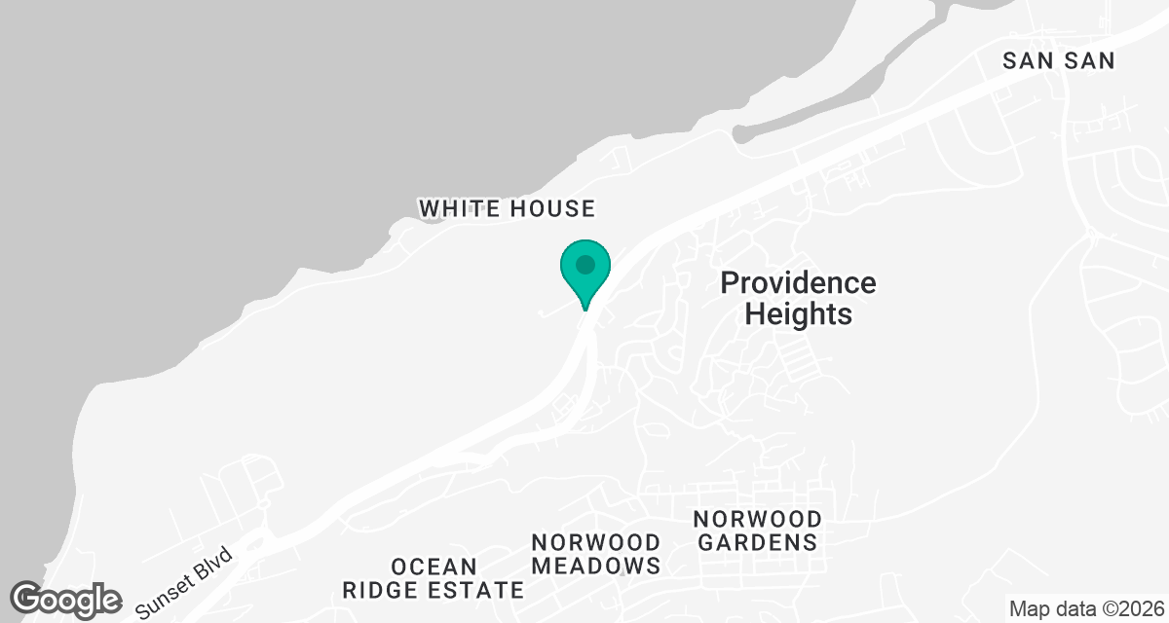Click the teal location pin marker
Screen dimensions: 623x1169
585,272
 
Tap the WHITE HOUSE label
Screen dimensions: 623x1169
507,208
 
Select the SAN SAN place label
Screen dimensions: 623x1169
1059,61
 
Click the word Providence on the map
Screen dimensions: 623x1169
798,283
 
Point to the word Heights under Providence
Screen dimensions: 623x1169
798,314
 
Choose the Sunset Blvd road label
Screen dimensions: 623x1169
186,583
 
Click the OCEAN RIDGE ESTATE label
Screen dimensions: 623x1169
434,578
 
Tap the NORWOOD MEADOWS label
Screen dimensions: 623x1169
596,554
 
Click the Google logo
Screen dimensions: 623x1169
66,600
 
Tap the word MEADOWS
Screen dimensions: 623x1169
596,566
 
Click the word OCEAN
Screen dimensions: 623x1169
434,567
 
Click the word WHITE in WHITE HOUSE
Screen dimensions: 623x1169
459,208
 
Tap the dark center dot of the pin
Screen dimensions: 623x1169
585,264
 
